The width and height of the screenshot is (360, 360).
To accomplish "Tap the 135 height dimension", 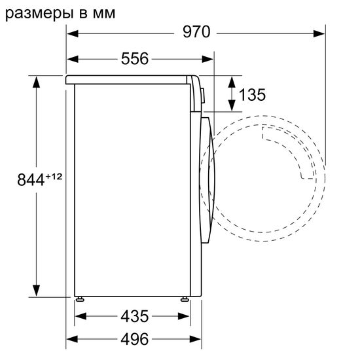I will pos(251,95).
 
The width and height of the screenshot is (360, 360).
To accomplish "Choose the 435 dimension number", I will pos(134,317).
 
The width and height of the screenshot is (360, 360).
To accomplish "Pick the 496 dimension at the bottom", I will pos(134,339).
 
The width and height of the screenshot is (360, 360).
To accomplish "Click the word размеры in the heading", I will pos(35,11).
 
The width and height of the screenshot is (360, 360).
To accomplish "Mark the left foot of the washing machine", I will pos(80,298).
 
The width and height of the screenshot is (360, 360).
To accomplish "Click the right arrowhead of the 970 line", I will pos(320,32).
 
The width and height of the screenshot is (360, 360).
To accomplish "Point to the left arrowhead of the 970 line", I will pos(73,32).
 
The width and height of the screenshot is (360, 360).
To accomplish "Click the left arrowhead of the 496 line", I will pos(73,339).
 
